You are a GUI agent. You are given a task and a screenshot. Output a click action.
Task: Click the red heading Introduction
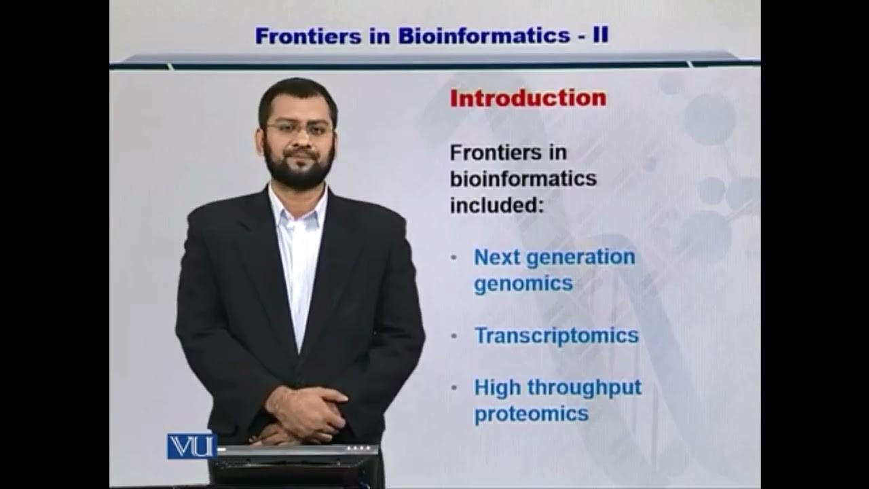(528, 98)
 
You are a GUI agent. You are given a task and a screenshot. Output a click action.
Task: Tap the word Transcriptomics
(556, 336)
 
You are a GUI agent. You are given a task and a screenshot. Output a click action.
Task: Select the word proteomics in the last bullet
(531, 414)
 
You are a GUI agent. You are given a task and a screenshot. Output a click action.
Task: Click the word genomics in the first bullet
(523, 284)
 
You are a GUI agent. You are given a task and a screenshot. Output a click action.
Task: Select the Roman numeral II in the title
(600, 35)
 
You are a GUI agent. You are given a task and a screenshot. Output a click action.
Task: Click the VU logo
(191, 446)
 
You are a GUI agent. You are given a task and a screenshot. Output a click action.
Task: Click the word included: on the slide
(497, 204)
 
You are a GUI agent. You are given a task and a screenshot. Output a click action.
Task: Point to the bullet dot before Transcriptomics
(454, 336)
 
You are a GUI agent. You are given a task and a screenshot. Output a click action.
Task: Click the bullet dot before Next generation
(454, 258)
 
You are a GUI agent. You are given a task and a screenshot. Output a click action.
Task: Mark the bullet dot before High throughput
(454, 388)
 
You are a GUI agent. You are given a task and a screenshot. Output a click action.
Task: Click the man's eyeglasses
(299, 128)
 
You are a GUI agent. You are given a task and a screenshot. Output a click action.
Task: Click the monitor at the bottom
(295, 466)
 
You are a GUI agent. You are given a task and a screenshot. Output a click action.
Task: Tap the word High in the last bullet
(498, 388)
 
